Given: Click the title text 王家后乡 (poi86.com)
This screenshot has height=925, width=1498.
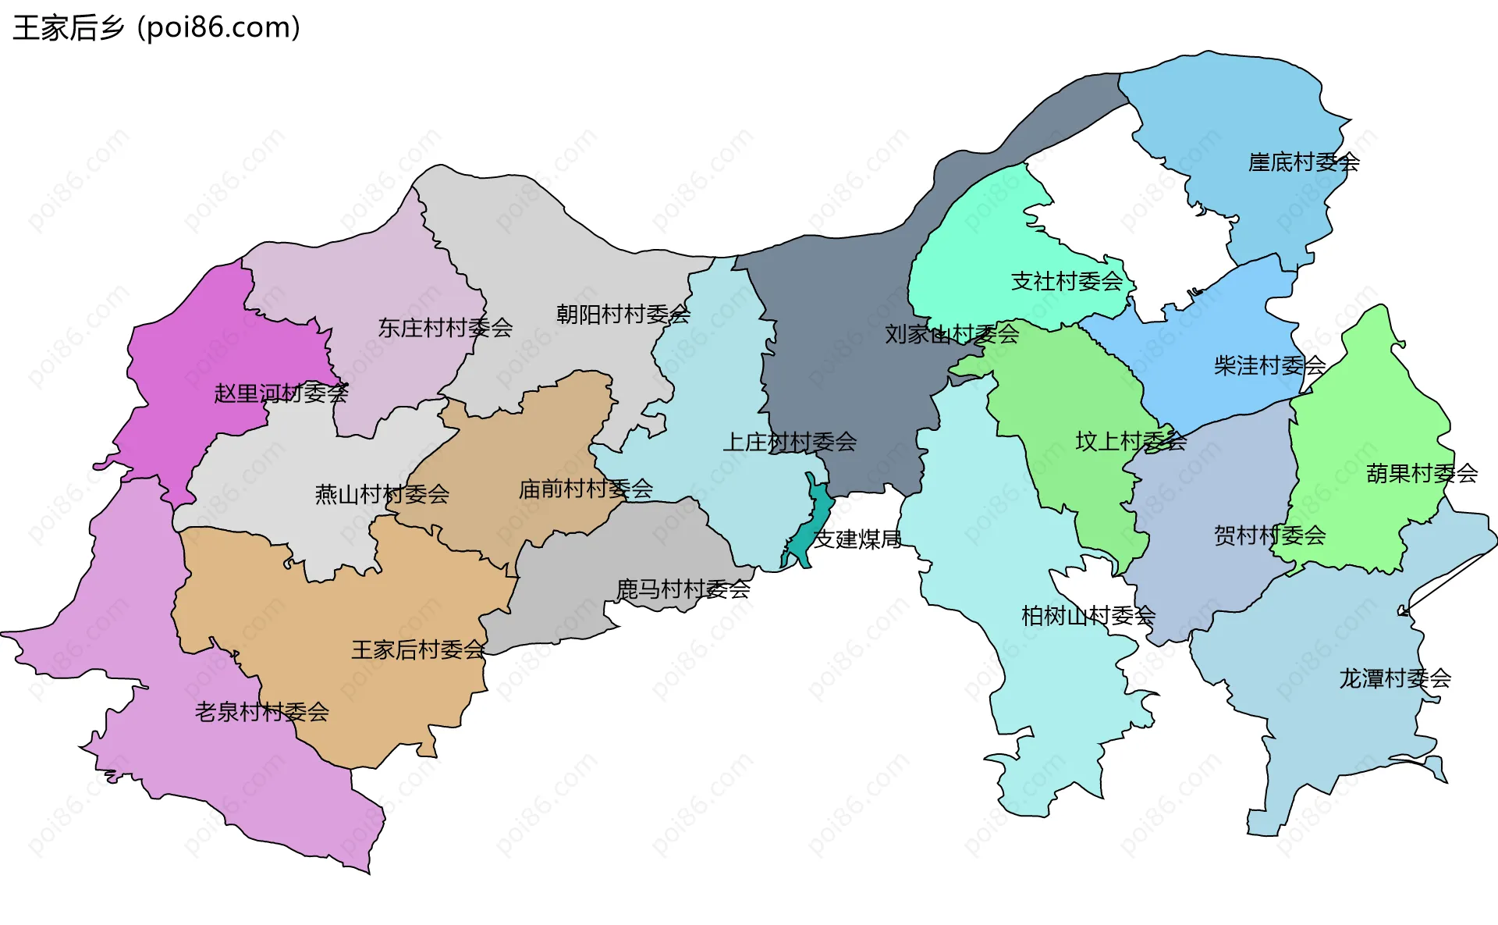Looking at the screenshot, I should (156, 28).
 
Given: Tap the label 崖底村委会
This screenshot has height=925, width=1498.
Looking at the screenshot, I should (1304, 162).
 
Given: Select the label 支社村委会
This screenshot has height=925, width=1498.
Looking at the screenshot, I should (1067, 281).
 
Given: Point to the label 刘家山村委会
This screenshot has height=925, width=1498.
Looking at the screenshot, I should (952, 334).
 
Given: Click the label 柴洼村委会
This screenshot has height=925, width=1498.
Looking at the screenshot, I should (1269, 365).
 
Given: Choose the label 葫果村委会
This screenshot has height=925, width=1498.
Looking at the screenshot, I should (1422, 474).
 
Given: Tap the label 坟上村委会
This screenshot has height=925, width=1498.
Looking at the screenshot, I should (1131, 442).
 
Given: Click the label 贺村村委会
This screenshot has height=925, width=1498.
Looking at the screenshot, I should (1269, 535).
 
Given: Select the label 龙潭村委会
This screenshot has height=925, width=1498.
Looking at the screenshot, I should (1395, 678).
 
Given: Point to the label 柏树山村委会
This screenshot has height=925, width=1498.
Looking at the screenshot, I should (1088, 616).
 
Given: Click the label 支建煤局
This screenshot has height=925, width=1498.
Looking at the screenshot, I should (857, 539).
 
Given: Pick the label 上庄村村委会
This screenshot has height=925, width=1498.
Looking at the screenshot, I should (790, 443).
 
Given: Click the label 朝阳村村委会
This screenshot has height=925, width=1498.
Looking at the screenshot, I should (623, 315).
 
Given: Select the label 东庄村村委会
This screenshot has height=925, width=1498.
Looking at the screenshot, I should (445, 328).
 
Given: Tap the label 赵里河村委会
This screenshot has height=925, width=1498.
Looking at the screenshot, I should (281, 393).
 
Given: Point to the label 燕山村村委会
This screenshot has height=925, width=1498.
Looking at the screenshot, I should (382, 494).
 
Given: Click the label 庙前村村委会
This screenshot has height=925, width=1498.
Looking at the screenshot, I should (585, 489).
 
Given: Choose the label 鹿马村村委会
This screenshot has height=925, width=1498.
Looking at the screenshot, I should (683, 589).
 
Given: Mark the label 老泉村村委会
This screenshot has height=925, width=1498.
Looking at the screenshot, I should (261, 712).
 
